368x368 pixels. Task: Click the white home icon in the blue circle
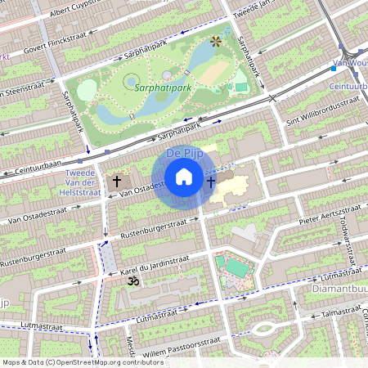184,177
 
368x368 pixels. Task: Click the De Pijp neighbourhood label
184,153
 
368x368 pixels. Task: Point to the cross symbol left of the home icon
117,181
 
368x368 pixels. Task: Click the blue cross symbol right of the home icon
212,182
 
